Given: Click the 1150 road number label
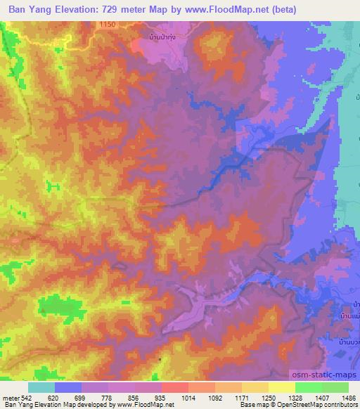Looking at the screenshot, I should [107, 25].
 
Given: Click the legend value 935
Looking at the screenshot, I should [161, 397].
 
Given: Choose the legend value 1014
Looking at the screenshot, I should [189, 397].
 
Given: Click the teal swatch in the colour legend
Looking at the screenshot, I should [41, 387].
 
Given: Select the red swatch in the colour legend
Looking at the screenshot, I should [174, 387].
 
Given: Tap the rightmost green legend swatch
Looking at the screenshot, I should [335, 387].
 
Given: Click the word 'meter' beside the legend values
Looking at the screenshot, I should [9, 397].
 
